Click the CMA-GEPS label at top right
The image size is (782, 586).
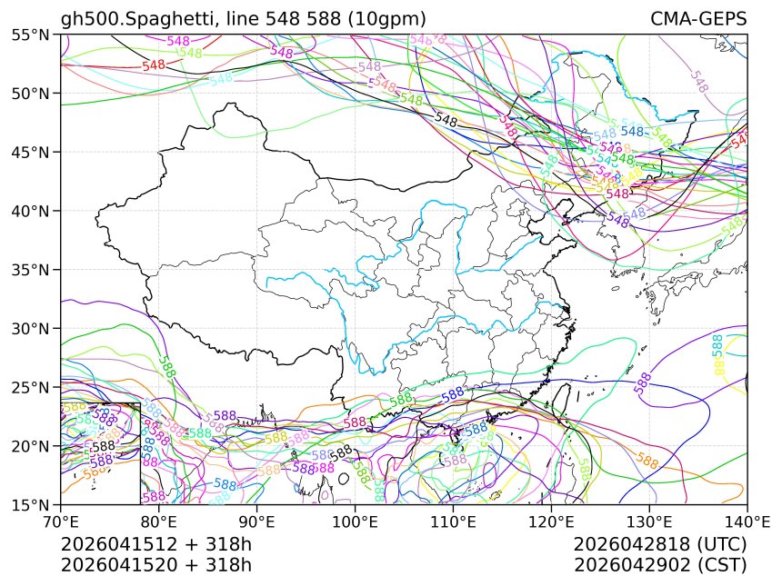click(x=698, y=19)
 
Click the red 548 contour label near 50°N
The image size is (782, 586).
click(x=154, y=65)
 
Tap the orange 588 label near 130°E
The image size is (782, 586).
click(x=648, y=462)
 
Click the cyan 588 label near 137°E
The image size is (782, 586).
click(x=717, y=345)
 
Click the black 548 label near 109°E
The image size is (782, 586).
click(x=446, y=119)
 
